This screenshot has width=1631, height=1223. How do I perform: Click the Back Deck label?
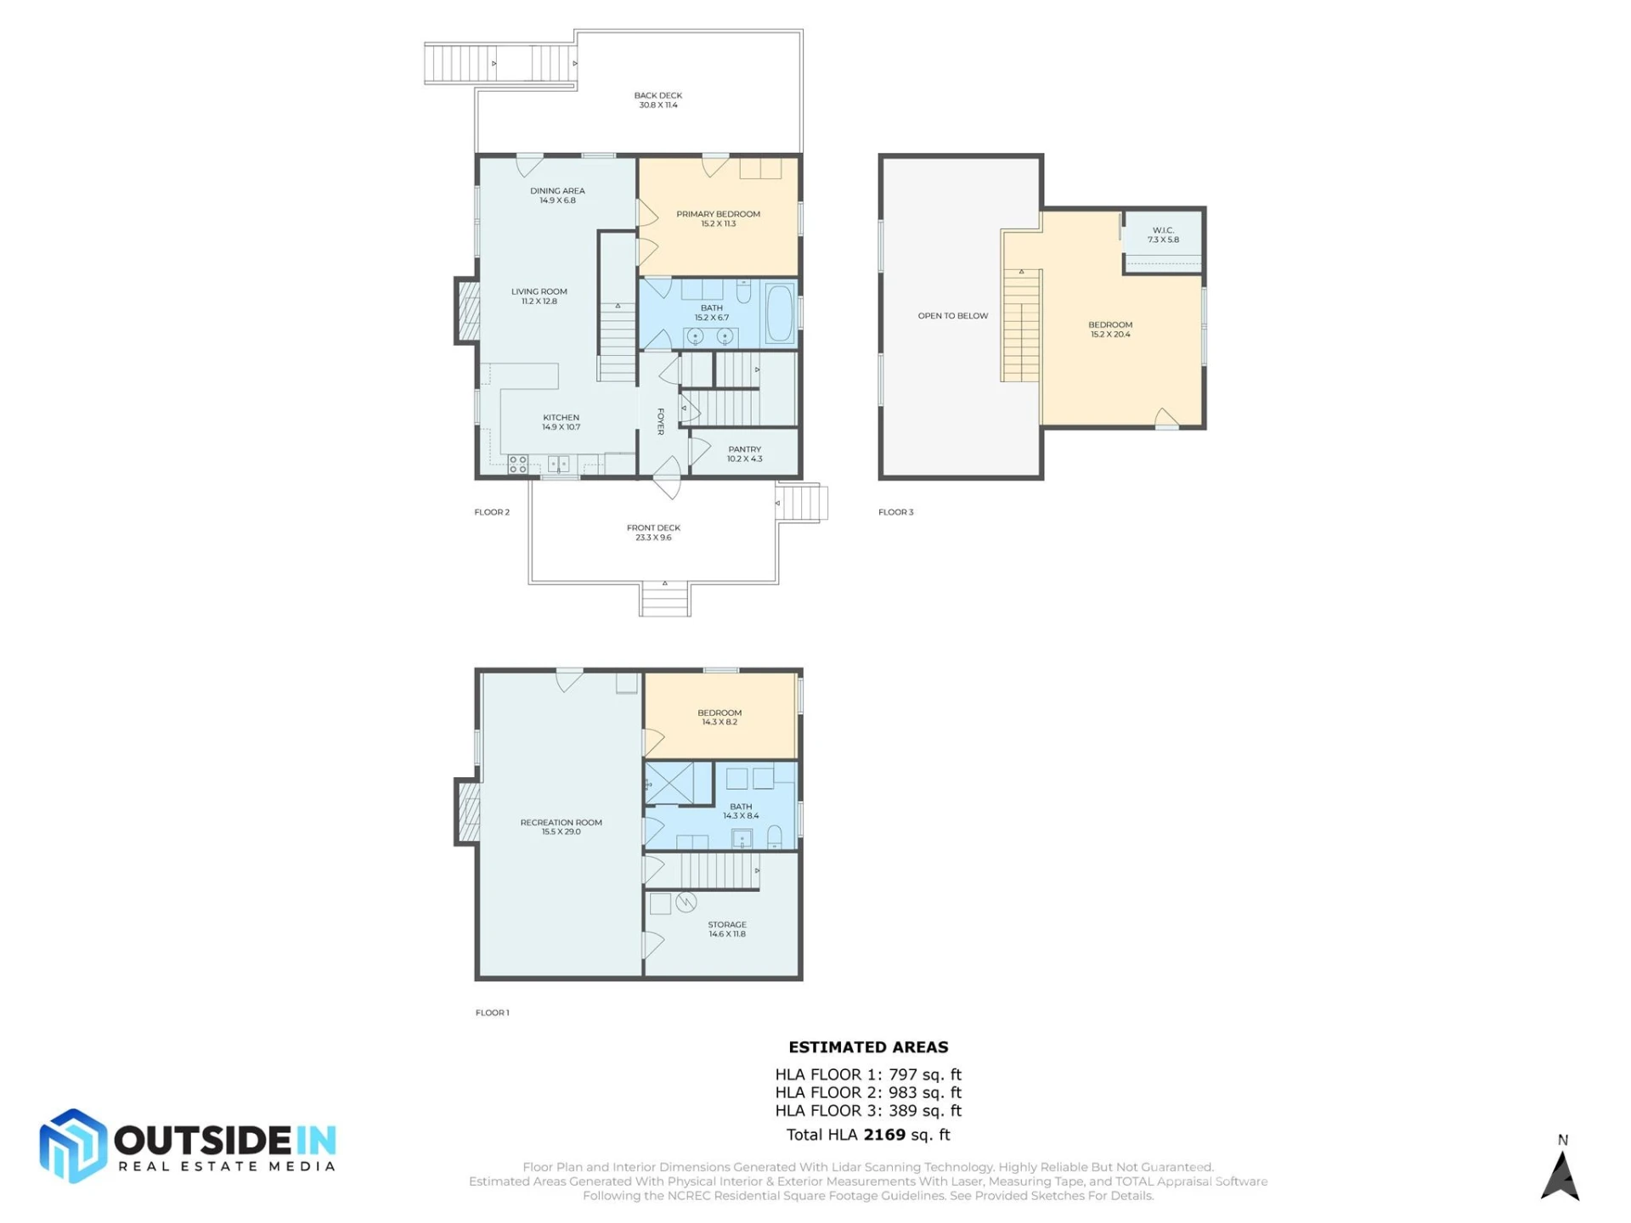pos(658,100)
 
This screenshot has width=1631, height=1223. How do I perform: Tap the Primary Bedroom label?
pos(718,218)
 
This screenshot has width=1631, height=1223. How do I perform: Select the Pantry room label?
pos(744,454)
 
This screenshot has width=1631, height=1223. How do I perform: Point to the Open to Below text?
pos(952,316)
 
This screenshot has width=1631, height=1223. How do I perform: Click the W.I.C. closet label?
pos(1163,234)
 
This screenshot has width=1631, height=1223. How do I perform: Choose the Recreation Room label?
pos(561,826)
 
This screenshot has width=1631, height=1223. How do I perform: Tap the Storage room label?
pos(727,929)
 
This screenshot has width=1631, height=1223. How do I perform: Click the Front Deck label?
pos(653,533)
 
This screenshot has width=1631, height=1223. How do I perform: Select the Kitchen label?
pos(561,422)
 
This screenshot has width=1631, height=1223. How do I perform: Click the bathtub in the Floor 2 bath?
pos(780,313)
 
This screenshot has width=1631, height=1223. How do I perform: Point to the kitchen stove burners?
pos(517,464)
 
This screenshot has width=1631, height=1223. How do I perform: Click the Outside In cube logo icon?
pos(73,1146)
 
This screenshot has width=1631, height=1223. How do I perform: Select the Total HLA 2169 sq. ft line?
pos(868,1135)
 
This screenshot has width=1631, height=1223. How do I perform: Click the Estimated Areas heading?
pos(868,1047)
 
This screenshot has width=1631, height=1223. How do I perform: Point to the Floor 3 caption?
pos(895,512)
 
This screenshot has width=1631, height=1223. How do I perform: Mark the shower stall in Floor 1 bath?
pos(669,783)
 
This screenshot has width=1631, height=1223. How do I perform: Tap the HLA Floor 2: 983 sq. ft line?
pos(868,1093)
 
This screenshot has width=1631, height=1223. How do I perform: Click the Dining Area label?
pos(557,195)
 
